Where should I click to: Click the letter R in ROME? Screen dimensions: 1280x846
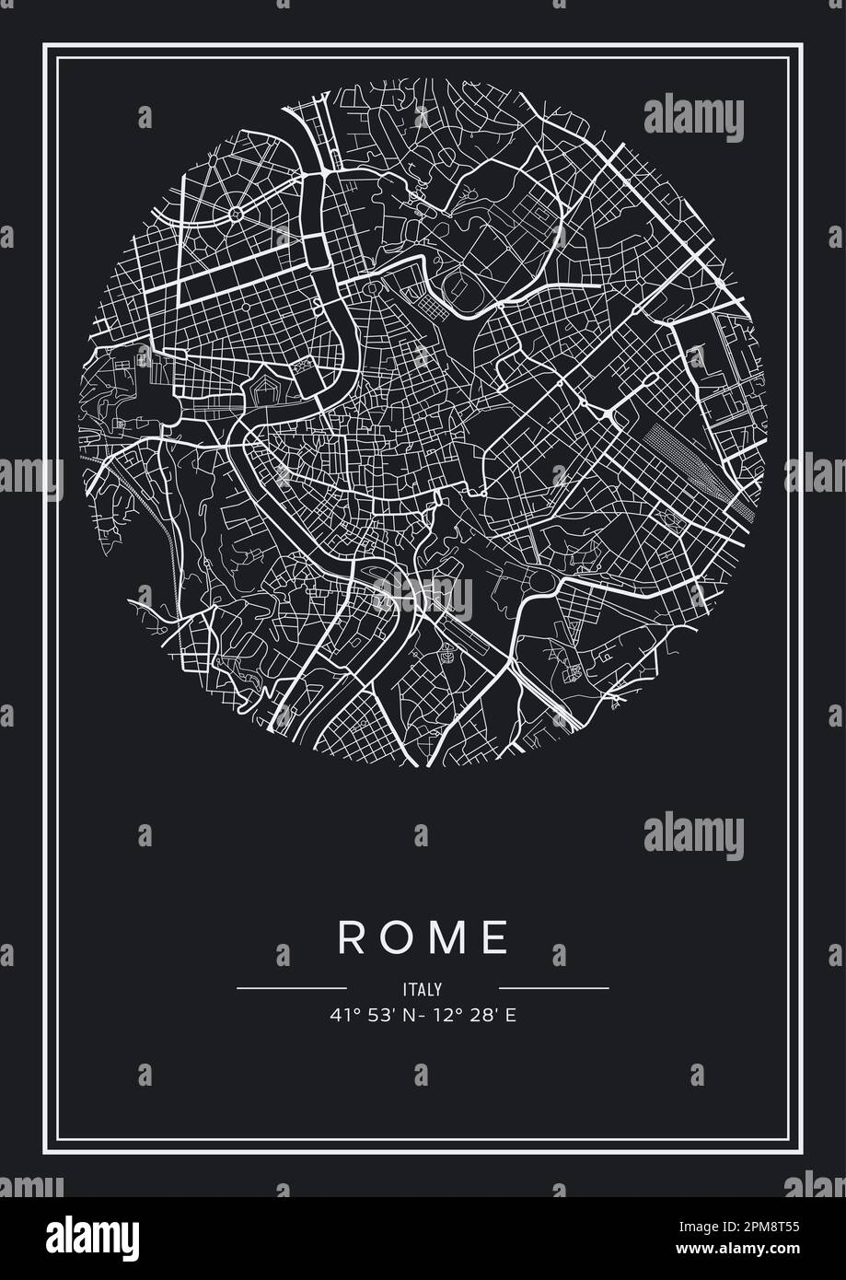351,937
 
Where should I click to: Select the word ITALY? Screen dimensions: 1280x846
423,989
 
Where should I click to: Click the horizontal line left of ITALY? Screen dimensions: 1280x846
292,988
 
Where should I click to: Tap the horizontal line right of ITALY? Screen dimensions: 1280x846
553,988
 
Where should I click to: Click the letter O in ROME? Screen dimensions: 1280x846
397,937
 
